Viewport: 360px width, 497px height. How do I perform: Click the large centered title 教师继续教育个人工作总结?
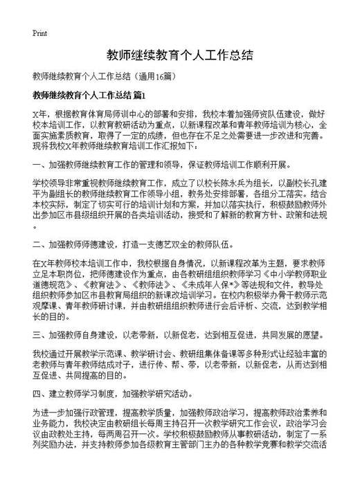[179, 55]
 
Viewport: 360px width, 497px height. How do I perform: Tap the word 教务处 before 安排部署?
[210, 195]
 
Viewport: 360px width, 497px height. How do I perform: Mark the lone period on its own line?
[35, 226]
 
